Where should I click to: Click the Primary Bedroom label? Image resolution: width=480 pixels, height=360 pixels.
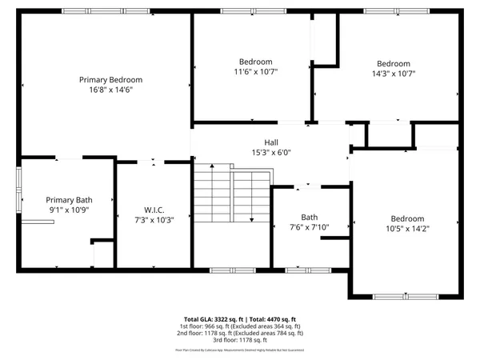110,79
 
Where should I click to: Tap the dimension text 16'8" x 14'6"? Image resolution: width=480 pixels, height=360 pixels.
110,90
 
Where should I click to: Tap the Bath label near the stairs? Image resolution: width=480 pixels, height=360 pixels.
309,217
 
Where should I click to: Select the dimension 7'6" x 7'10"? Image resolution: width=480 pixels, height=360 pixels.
309,227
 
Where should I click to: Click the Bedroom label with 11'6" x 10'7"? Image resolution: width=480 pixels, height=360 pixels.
255,62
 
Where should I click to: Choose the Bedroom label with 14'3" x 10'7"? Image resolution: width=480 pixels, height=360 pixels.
394,64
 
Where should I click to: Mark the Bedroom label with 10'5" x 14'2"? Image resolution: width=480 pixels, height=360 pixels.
407,218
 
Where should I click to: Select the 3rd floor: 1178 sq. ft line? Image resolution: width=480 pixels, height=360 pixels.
240,340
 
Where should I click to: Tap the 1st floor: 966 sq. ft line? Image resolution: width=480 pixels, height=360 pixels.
240,326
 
